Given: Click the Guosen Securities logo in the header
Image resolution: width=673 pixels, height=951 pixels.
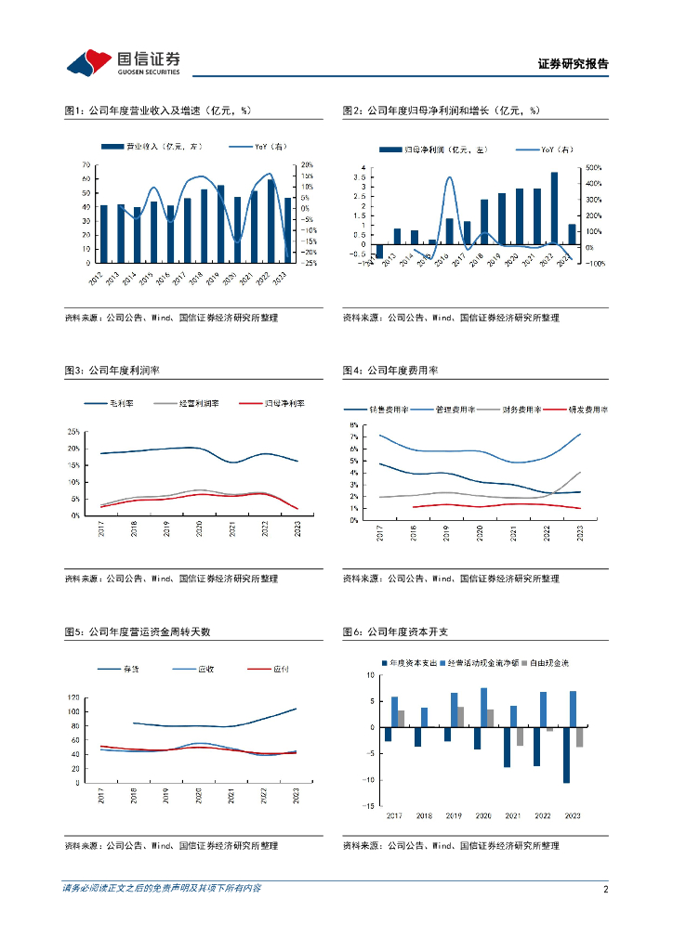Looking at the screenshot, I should pos(123,62).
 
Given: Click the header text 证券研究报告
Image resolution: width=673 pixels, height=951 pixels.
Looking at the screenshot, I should pos(574,64).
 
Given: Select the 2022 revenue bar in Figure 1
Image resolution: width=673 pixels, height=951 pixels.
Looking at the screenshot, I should pos(271,221).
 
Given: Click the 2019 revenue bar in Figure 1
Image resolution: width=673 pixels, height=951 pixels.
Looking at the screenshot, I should pos(220,224).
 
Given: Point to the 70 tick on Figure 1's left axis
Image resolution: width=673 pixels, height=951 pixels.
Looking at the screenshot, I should pos(86,165).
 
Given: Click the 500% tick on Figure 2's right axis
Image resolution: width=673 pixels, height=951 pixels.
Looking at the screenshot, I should pos(594,168).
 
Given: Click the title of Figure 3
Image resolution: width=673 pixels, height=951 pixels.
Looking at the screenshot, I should pos(112,370).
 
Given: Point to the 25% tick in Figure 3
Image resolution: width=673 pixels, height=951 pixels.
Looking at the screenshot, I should pos(73,432).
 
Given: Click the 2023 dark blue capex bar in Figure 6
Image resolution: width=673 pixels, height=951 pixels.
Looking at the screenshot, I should pos(566,755).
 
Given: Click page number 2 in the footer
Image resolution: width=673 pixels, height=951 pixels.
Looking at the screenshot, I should pos(605,890).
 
